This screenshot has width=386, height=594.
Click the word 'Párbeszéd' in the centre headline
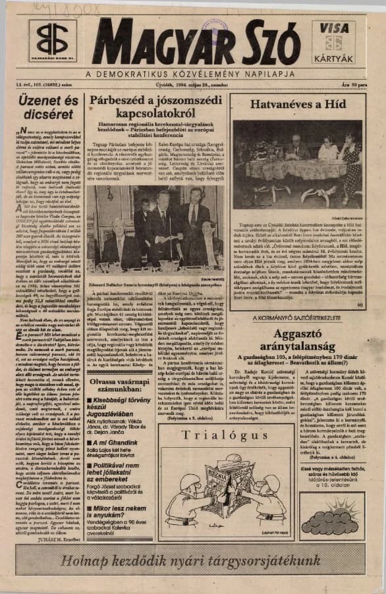point(118,101)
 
